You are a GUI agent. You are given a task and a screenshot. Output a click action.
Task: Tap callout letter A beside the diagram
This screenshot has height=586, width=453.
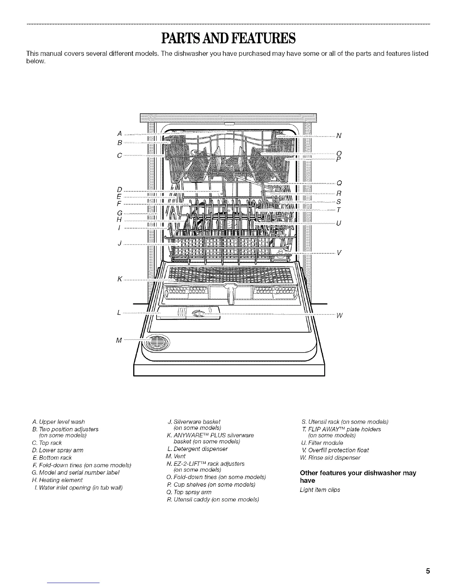click(x=120, y=134)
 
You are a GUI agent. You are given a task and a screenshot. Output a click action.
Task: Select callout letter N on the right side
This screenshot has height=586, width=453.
click(x=338, y=136)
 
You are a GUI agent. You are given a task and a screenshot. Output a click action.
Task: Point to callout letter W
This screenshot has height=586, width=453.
click(x=340, y=316)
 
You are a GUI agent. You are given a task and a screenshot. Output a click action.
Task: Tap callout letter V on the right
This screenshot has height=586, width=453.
click(x=339, y=253)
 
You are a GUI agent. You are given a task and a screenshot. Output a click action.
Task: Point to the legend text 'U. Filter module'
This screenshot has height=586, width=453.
click(x=322, y=443)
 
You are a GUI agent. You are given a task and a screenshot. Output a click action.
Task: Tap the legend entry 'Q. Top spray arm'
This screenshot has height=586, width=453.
click(x=189, y=492)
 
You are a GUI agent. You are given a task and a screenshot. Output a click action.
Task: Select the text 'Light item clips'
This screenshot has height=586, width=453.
click(x=320, y=490)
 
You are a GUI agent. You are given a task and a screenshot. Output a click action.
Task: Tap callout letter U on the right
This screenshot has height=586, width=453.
click(x=338, y=223)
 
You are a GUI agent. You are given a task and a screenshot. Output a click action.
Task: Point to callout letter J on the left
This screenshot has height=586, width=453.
click(x=120, y=243)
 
